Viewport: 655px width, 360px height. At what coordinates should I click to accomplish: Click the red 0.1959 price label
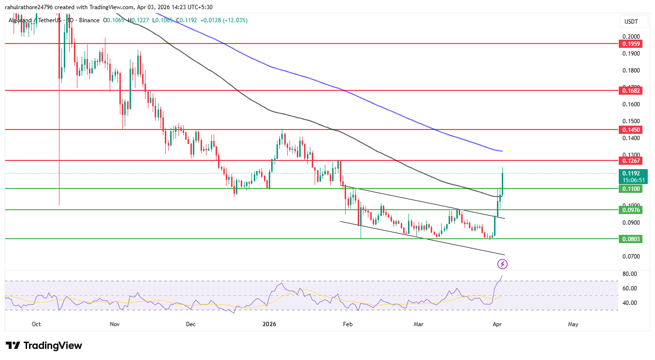pos(631,44)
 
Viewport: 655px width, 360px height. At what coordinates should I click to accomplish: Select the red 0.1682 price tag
pos(631,90)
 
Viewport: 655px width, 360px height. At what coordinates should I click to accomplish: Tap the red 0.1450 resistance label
pos(631,130)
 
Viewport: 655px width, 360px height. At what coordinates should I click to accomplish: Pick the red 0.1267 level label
pos(631,160)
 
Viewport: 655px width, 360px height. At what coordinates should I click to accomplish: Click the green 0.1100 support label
pos(631,188)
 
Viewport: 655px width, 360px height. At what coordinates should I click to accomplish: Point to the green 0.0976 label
pos(631,210)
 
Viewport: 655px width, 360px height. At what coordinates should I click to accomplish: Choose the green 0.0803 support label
pos(631,239)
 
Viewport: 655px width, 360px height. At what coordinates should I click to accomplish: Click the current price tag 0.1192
pos(631,173)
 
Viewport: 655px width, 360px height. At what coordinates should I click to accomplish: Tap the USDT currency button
pos(631,22)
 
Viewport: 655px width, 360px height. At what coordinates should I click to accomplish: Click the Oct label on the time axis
pos(36,324)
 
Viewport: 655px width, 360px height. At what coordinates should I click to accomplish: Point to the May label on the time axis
pos(573,324)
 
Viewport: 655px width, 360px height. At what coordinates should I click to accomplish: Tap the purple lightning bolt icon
pos(502,264)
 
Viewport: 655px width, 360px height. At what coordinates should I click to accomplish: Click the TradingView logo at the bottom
pos(44,346)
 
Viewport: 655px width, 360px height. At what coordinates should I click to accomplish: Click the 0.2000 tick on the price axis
pos(631,37)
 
